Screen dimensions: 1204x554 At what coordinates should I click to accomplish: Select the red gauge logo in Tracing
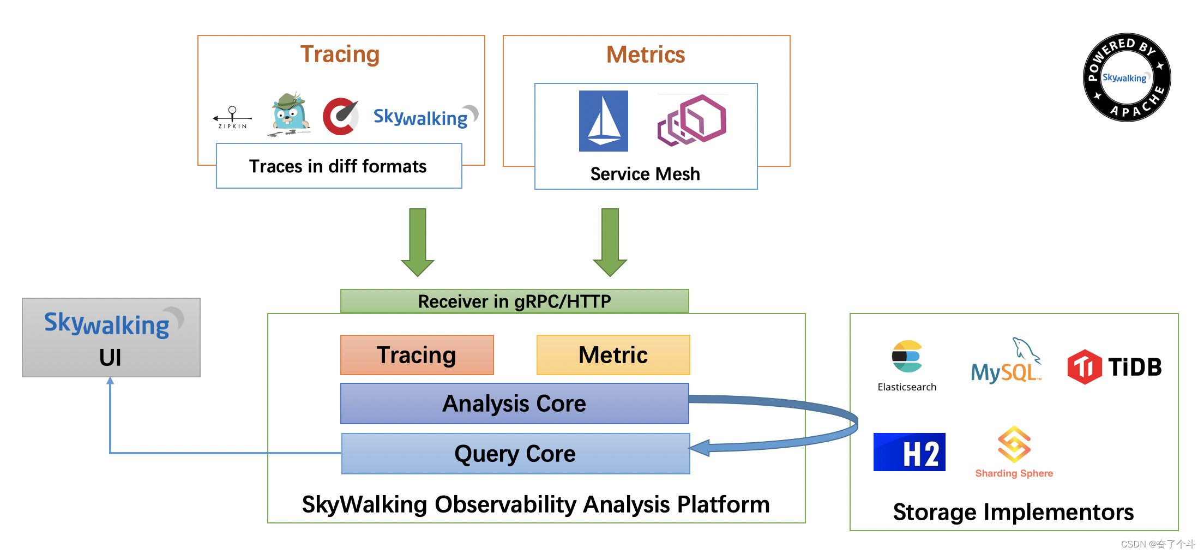tap(341, 116)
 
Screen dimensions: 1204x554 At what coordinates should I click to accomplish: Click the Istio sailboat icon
tap(603, 121)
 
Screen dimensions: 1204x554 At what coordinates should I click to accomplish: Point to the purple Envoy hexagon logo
tap(691, 121)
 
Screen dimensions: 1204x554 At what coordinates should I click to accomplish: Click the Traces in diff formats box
tap(339, 166)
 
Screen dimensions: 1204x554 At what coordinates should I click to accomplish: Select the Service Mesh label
tap(645, 174)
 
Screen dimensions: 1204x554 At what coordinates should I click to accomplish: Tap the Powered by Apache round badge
tap(1127, 77)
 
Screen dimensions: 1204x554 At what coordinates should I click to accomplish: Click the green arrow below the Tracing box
tap(418, 242)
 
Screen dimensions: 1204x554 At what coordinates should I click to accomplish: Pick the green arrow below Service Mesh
tap(610, 242)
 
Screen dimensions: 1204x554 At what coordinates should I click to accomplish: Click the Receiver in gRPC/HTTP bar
tap(514, 301)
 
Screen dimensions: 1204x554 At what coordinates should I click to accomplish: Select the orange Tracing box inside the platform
tap(417, 355)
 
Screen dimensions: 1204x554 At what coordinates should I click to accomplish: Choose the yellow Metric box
tap(613, 355)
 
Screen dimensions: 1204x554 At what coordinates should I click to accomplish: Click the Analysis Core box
tap(515, 404)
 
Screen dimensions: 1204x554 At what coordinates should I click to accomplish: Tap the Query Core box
tap(515, 454)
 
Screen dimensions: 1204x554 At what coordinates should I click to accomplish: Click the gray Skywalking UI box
tap(111, 338)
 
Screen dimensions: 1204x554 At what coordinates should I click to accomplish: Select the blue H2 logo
tap(909, 452)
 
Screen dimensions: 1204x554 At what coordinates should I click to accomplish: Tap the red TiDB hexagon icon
tap(1085, 367)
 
